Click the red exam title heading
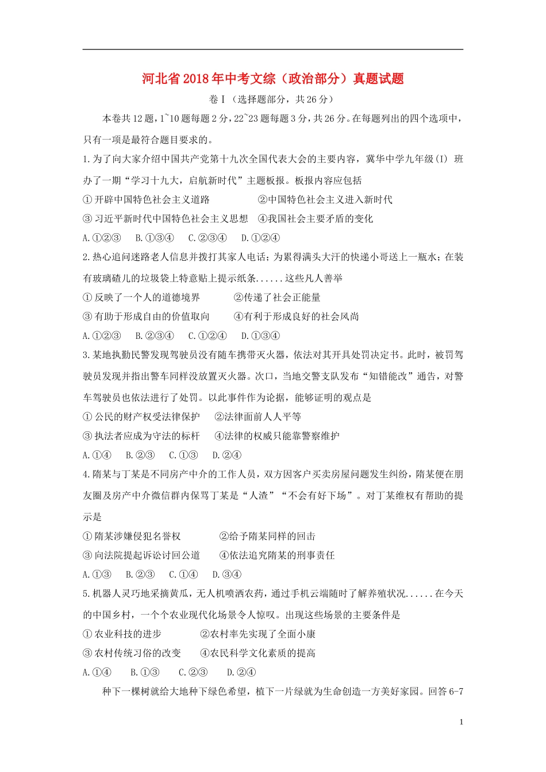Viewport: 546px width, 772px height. (x=273, y=78)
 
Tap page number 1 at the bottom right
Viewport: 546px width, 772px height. (x=461, y=722)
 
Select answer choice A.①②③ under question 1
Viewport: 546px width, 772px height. (x=102, y=238)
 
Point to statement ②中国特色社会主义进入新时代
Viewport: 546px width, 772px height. (x=325, y=199)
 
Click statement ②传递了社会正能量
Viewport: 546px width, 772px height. (x=277, y=298)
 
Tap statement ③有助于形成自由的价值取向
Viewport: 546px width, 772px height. (x=147, y=316)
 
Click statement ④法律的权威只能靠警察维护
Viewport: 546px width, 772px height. (x=277, y=436)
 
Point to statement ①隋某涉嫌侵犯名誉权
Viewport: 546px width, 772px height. (x=132, y=536)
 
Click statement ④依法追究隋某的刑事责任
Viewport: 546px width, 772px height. (x=277, y=555)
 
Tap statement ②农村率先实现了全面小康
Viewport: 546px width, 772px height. (x=257, y=634)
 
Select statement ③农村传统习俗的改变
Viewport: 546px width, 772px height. (x=132, y=653)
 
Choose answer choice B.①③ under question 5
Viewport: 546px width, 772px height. (x=145, y=673)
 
